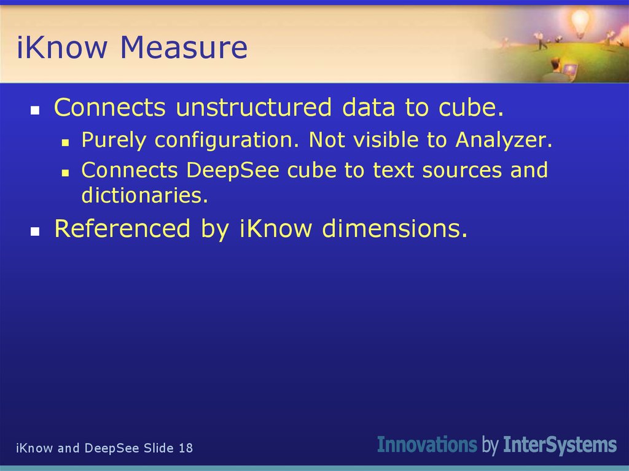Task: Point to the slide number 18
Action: click(x=186, y=448)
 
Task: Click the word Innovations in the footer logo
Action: click(x=427, y=444)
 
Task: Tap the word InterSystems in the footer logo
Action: click(x=560, y=444)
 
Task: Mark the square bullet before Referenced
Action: click(x=36, y=232)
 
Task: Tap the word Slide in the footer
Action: click(x=159, y=448)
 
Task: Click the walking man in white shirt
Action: click(x=541, y=39)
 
